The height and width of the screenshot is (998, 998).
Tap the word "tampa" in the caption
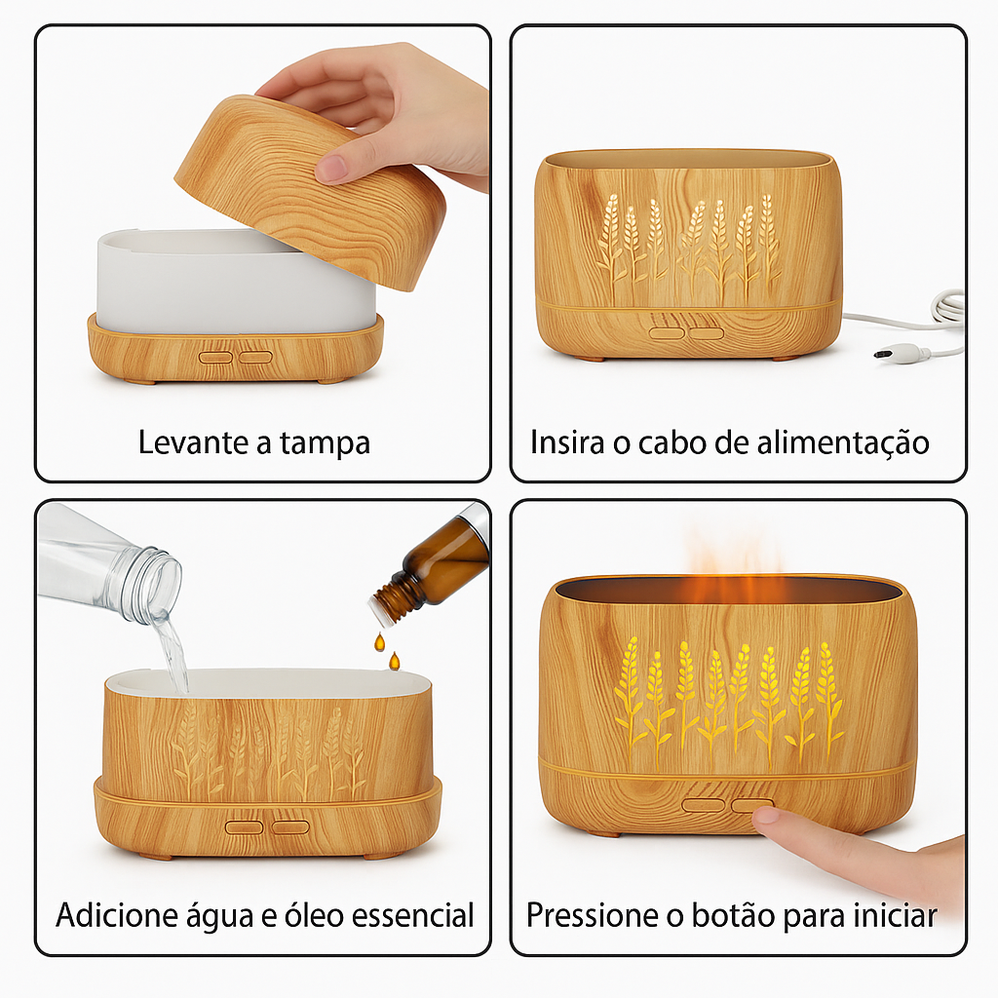click(x=325, y=443)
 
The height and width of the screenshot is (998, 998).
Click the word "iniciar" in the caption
click(x=893, y=916)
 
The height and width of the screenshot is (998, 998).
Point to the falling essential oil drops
click(x=384, y=651)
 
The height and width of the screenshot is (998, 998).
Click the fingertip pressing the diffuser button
click(x=770, y=818)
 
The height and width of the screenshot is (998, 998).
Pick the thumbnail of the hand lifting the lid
click(x=333, y=168)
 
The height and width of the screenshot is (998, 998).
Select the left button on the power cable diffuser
click(x=668, y=333)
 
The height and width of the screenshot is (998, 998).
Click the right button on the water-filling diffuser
click(x=290, y=826)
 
